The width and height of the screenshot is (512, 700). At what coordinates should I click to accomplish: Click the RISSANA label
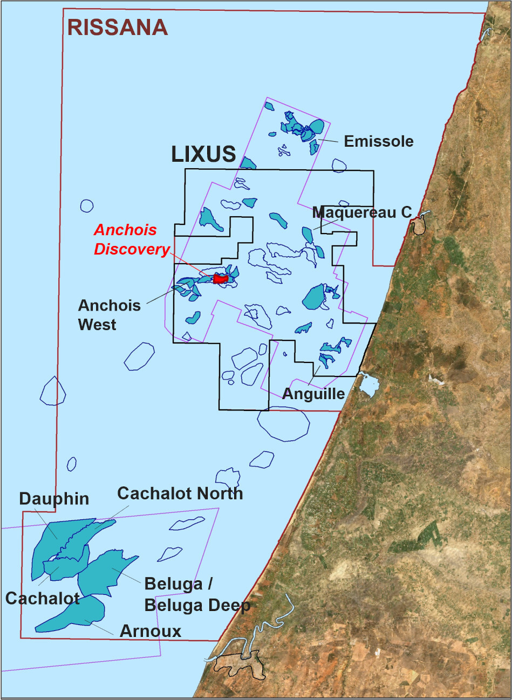click(117, 28)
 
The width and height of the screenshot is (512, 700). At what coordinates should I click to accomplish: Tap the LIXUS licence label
click(203, 154)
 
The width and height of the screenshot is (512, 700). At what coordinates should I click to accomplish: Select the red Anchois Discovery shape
click(220, 279)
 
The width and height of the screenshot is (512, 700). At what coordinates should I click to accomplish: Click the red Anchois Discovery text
click(131, 239)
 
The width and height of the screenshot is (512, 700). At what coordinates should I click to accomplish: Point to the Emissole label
click(379, 141)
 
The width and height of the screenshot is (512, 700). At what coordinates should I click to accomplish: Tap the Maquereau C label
click(362, 212)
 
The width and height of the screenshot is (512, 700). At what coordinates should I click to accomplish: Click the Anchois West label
click(109, 315)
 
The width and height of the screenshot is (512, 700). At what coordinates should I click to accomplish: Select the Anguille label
click(313, 394)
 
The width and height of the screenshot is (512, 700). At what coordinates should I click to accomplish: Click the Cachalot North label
click(180, 493)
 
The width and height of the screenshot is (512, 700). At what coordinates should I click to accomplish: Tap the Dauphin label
click(54, 498)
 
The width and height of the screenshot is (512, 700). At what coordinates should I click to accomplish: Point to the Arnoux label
click(150, 631)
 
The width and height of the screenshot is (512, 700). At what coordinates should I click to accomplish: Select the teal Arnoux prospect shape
click(76, 615)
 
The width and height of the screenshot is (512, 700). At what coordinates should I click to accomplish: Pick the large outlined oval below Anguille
click(283, 423)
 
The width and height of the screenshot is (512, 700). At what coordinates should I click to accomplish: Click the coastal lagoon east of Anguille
click(368, 384)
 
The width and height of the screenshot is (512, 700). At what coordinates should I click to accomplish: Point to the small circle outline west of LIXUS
click(87, 205)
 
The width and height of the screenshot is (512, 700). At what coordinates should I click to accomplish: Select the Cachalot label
click(42, 598)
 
